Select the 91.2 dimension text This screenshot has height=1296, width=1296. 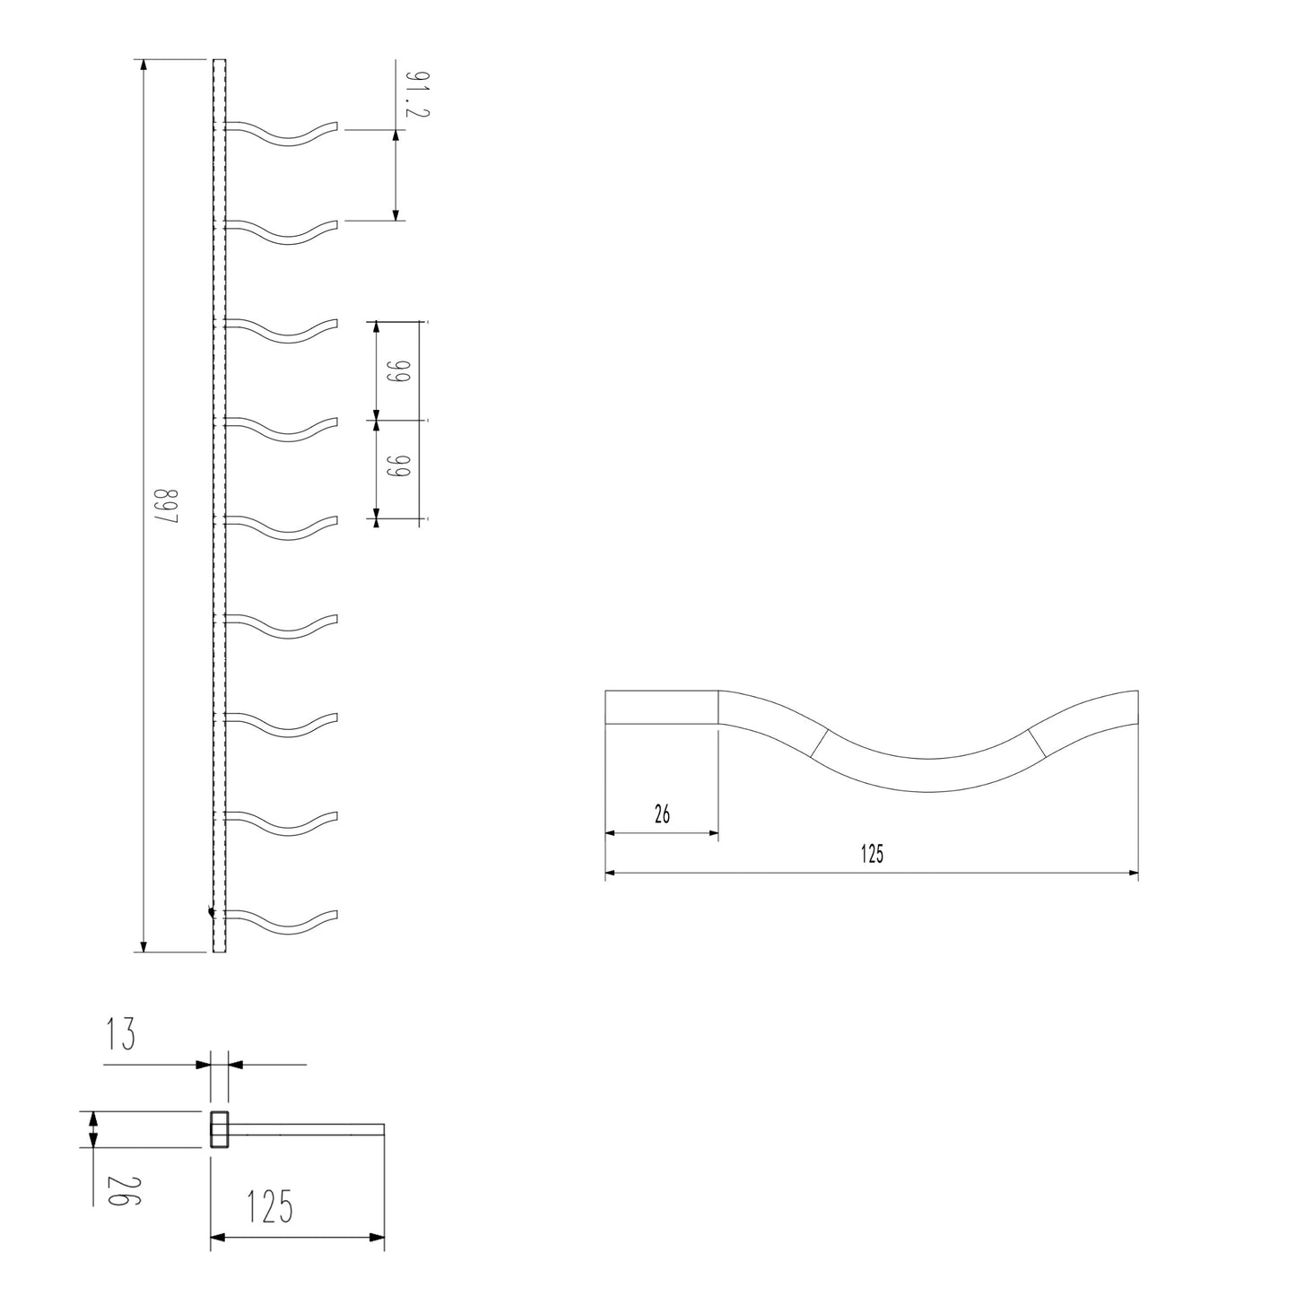pos(416,94)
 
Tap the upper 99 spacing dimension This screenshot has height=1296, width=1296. pos(398,370)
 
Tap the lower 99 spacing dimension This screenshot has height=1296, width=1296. pos(398,468)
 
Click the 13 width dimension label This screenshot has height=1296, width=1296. pos(120,1034)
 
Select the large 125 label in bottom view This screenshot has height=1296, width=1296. pos(269,1207)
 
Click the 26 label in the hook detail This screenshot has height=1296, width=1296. pos(662,814)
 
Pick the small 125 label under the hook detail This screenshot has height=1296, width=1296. pos(872,854)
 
